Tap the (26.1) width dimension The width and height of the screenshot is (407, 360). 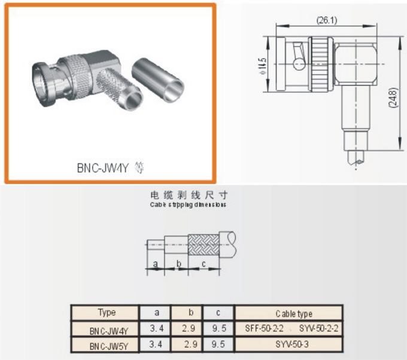326,20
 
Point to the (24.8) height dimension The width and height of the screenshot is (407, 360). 392,97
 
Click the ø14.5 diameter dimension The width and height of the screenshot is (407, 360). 263,62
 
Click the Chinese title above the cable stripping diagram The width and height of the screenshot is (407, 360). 188,196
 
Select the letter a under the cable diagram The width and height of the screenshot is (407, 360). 155,263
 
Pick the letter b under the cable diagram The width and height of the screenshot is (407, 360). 178,263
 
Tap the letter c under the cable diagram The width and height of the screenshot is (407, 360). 203,263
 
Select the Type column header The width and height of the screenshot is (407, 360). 106,313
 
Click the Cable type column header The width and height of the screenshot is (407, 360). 293,313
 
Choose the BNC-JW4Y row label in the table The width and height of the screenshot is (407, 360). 106,329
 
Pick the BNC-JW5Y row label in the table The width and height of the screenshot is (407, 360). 106,345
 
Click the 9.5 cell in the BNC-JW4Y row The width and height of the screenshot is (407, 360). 218,328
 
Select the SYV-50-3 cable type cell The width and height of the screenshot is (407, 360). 293,344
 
